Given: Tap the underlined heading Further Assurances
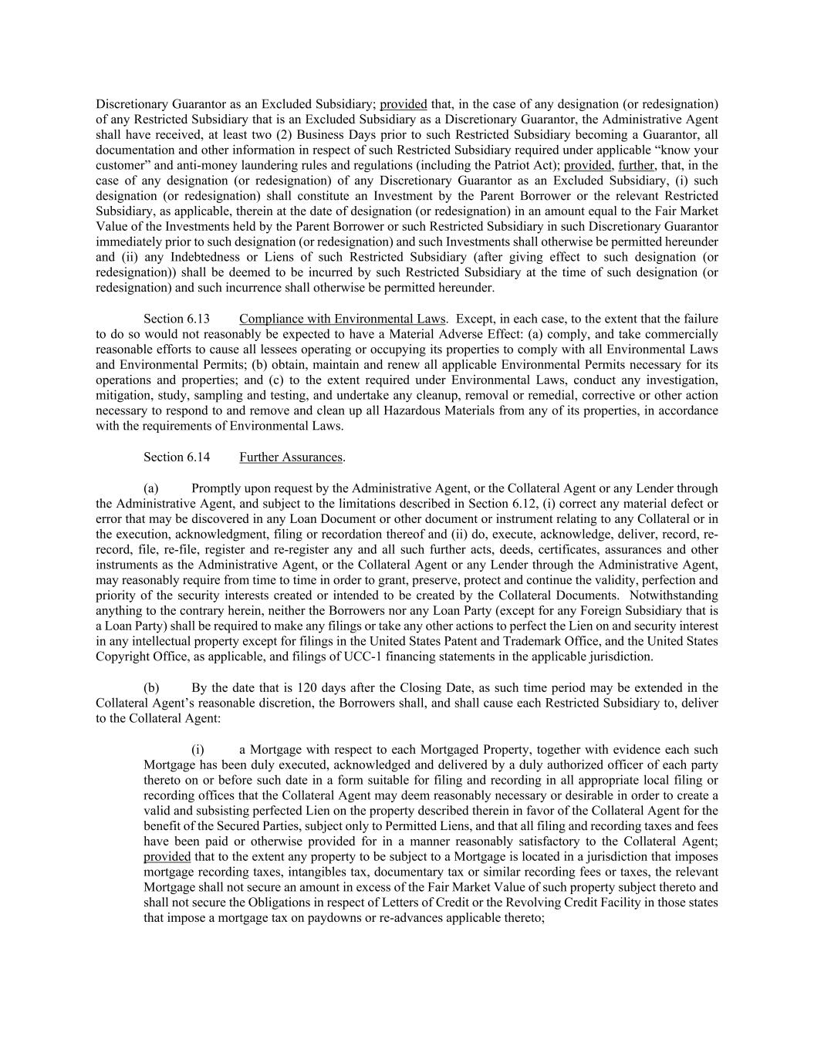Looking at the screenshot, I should click(291, 457).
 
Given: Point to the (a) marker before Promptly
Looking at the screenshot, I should click(151, 488).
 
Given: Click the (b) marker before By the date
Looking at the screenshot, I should click(151, 688).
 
